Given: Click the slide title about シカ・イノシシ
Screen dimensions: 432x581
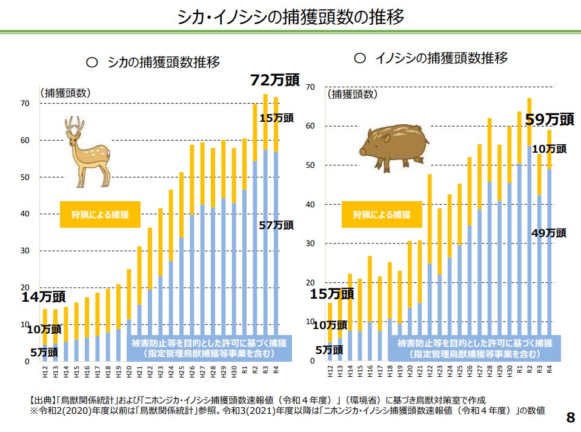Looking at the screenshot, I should [290, 16].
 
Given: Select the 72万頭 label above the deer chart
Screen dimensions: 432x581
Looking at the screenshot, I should [275, 80].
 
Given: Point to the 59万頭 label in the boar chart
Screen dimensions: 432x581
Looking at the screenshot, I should [549, 119].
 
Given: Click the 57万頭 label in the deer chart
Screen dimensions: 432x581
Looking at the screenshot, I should [276, 225].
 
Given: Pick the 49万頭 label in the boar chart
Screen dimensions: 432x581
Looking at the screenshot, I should [549, 232].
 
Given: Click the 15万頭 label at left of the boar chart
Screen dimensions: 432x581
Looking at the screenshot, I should [331, 294].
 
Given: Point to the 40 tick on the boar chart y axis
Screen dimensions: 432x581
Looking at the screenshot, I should [310, 204].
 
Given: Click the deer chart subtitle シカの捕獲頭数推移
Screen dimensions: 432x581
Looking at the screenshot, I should [154, 62].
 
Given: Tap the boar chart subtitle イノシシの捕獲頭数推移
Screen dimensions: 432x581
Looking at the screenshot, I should [431, 58].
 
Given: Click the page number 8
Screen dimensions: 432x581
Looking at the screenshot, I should [569, 417].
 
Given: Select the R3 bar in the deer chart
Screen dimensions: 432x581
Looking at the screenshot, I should [265, 230].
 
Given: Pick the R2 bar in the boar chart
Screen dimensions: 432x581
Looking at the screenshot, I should [530, 230].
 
